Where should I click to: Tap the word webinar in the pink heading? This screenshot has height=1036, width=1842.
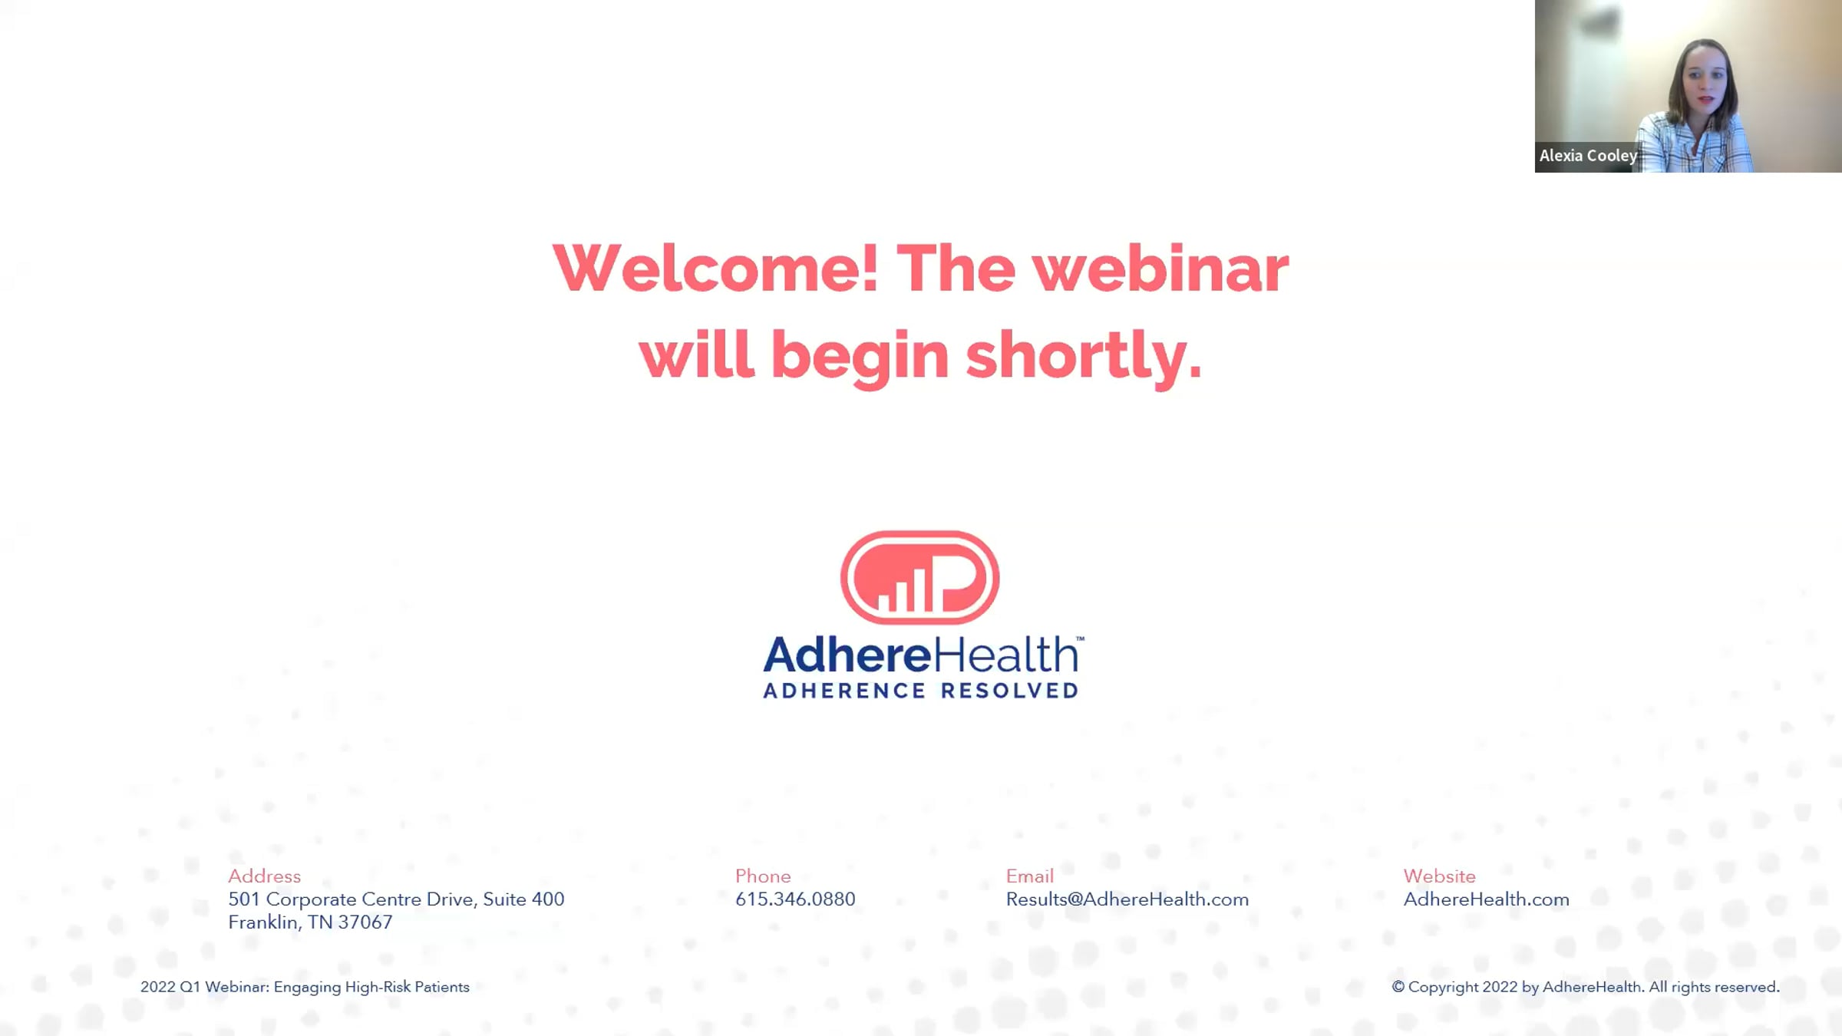point(1160,268)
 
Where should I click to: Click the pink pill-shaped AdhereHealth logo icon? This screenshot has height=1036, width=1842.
point(919,577)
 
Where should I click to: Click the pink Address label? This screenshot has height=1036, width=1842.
point(264,876)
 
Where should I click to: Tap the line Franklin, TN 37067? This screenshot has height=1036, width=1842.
point(310,922)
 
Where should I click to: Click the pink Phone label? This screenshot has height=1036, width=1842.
point(763,876)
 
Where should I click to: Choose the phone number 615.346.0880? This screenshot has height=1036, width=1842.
point(795,899)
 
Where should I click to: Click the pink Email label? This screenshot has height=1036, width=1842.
point(1029,876)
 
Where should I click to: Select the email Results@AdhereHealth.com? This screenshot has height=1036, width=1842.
point(1127,899)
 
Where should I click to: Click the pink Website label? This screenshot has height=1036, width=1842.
point(1439,876)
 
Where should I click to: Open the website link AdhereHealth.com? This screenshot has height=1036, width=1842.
point(1486,899)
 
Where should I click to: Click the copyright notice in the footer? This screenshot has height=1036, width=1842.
point(1586,987)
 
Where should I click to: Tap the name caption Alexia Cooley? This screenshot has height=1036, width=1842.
point(1588,156)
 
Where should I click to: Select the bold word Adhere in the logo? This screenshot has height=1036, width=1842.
point(847,655)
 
